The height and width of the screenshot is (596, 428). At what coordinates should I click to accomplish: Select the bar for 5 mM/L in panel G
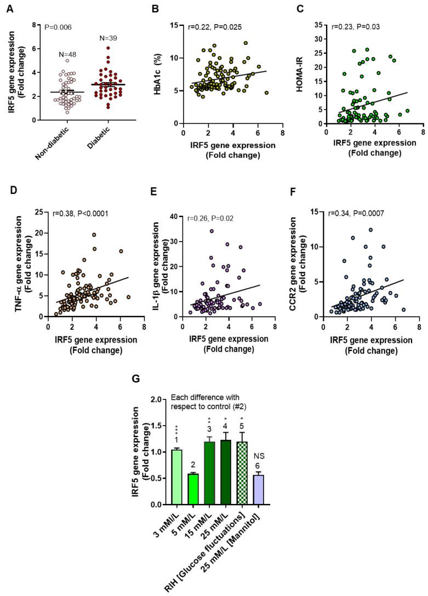[x=192, y=489]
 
